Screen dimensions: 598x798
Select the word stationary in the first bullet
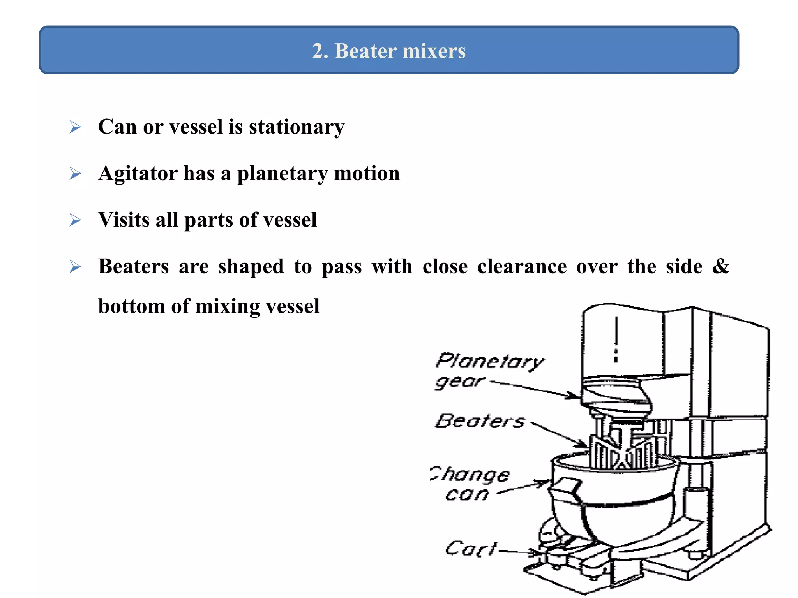(x=297, y=127)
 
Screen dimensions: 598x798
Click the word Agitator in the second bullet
(x=138, y=173)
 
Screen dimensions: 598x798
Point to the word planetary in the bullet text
(x=282, y=174)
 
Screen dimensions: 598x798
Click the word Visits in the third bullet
(x=124, y=220)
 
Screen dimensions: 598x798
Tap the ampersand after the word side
(x=720, y=266)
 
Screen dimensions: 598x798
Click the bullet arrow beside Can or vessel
(x=75, y=127)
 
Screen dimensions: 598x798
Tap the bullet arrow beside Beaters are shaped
(x=75, y=267)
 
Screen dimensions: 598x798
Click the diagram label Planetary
(x=489, y=361)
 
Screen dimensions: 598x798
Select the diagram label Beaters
(x=480, y=421)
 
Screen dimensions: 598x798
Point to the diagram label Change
(x=470, y=474)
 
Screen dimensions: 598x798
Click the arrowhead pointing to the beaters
(x=583, y=443)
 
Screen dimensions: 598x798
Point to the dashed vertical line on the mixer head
(x=616, y=339)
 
